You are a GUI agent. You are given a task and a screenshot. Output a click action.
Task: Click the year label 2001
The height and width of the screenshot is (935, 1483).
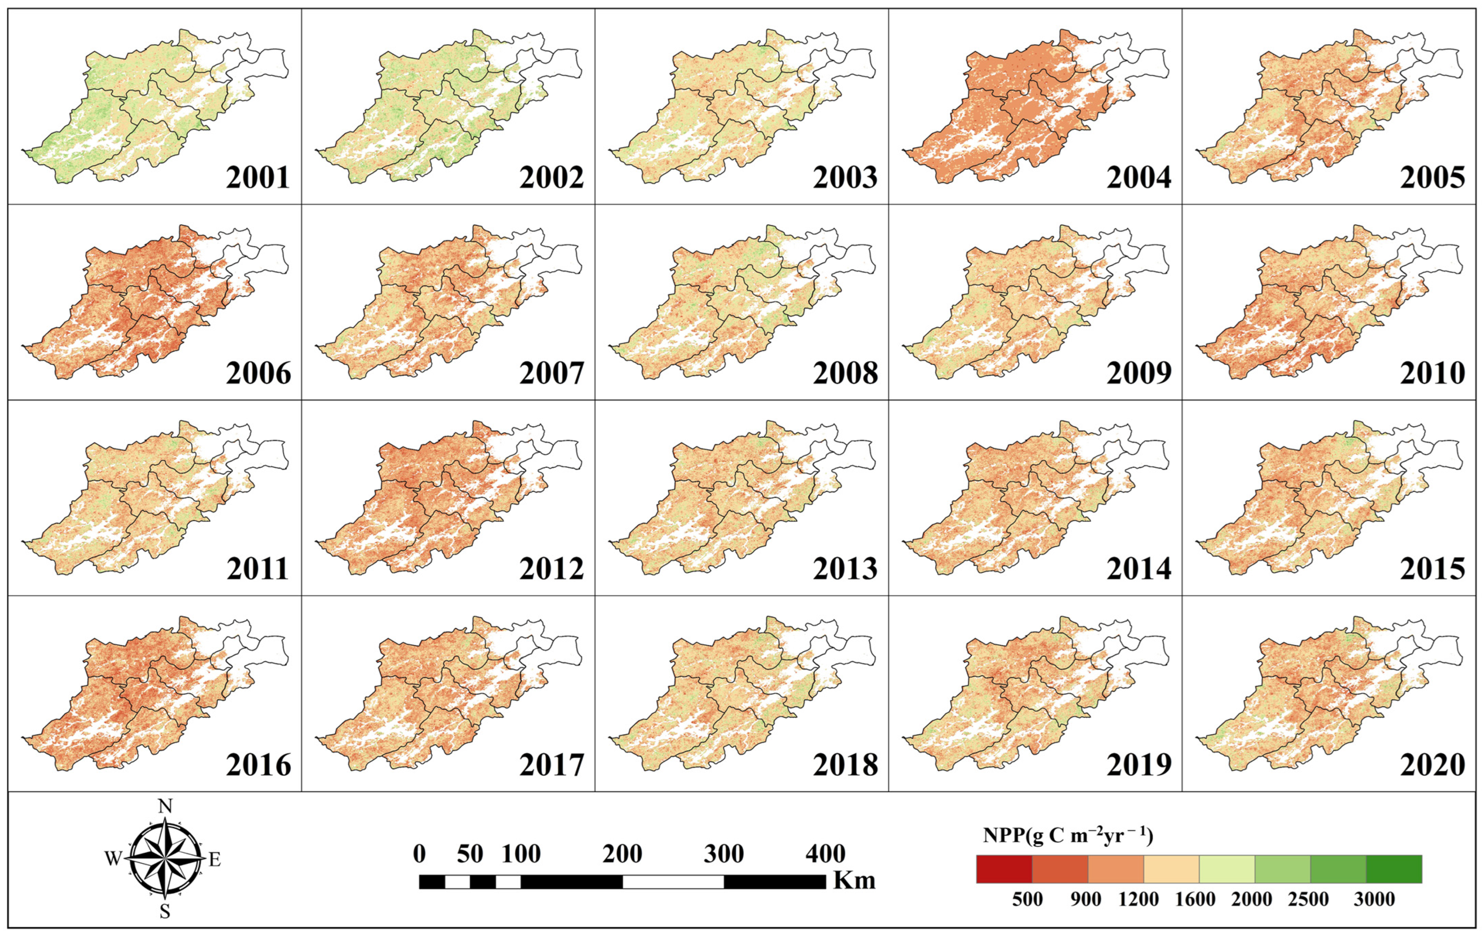(258, 178)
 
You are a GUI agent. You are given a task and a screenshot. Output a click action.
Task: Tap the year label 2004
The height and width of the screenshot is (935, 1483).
(1138, 178)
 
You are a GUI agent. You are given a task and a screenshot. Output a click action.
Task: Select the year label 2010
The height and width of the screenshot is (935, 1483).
(1432, 373)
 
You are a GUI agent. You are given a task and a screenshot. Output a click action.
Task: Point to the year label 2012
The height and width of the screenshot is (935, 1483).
(551, 569)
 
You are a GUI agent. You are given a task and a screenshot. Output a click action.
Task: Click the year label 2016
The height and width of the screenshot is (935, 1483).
(258, 765)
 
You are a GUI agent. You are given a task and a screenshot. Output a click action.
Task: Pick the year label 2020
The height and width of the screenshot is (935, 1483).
(1432, 765)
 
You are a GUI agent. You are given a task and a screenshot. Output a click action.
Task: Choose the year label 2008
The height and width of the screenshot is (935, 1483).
(845, 373)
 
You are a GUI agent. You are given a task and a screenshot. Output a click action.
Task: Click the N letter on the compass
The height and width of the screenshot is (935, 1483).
(165, 806)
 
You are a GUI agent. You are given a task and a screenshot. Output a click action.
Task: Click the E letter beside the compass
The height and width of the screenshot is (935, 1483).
(214, 860)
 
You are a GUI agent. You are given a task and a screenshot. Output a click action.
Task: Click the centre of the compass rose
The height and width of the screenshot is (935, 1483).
(165, 858)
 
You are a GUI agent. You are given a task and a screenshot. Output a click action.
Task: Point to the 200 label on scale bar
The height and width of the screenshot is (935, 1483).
(622, 854)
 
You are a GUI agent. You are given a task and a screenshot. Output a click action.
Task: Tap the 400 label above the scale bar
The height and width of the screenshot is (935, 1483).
(825, 854)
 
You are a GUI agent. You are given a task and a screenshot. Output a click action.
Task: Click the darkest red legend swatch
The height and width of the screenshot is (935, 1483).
(1004, 869)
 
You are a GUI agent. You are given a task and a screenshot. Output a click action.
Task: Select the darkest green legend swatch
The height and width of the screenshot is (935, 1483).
(1394, 869)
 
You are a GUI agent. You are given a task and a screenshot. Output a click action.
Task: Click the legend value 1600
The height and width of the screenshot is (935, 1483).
(1195, 900)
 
